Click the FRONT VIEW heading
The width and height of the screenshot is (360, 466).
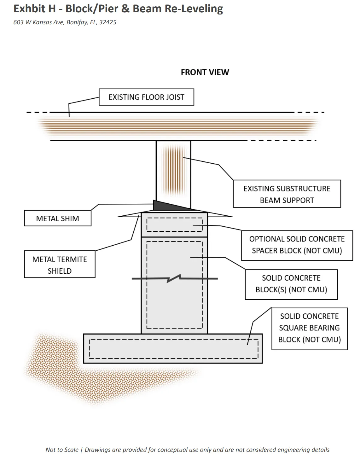point(205,72)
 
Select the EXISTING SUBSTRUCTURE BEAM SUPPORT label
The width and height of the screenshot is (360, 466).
point(287,194)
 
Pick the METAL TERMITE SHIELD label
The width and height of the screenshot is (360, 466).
point(60,264)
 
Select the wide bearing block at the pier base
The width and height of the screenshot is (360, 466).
point(173,348)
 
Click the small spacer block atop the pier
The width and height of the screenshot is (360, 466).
point(174,225)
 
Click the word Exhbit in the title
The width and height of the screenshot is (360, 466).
point(29,9)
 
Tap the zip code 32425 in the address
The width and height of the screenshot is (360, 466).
point(107,22)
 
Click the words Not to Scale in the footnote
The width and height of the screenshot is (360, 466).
point(62,450)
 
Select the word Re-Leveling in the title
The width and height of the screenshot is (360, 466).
point(194,9)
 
